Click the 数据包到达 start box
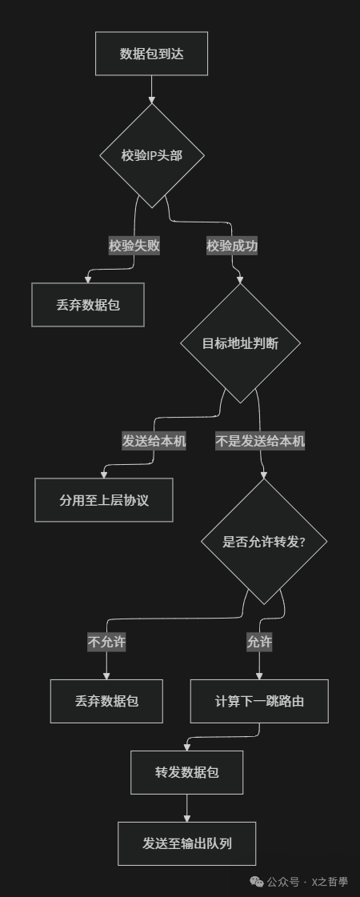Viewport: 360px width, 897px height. tap(151, 54)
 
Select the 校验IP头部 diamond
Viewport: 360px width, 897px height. tap(151, 155)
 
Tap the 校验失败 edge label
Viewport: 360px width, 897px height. tap(134, 246)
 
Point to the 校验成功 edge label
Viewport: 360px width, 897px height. tap(232, 246)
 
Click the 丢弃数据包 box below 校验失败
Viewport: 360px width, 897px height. tap(88, 305)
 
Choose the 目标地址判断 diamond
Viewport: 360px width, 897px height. tap(240, 343)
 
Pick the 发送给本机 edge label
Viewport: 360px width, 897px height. tap(154, 441)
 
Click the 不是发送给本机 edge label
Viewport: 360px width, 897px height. tap(260, 441)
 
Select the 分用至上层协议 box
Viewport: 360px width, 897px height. tap(104, 500)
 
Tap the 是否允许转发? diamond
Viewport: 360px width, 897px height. tap(263, 542)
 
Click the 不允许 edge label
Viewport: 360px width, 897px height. tap(106, 642)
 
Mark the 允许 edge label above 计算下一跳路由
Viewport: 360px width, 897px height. tap(258, 642)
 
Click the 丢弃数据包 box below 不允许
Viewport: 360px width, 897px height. tap(106, 701)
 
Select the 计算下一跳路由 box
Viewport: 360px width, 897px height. tap(259, 701)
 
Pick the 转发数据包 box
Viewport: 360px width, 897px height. tap(186, 773)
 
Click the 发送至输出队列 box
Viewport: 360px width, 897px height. tap(186, 843)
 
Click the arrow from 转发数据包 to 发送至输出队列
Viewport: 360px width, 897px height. tap(186, 808)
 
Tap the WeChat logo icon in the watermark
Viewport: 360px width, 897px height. tap(256, 881)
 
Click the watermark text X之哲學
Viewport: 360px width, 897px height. tap(330, 882)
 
